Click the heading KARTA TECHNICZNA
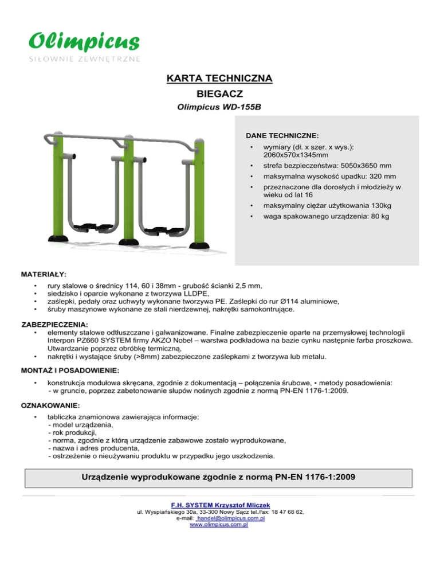[219, 77]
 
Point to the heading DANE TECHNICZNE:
[282, 136]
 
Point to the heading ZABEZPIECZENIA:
[58, 325]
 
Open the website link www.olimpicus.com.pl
[219, 524]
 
